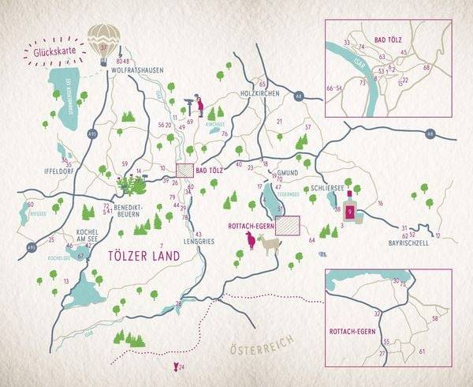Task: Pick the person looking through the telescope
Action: pos(199,104)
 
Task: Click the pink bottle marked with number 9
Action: pos(349,211)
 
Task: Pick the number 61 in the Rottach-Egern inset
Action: pos(423,351)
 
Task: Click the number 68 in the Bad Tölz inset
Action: pos(426,67)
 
